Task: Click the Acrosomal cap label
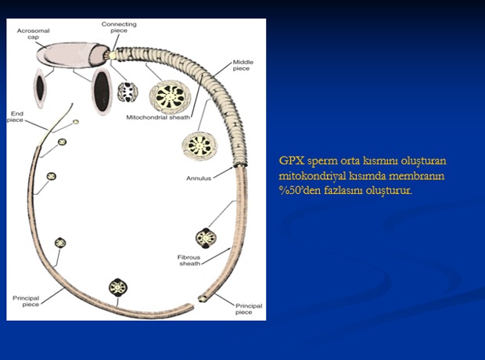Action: (x=33, y=34)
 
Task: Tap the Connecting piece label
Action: (x=119, y=27)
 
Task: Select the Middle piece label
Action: (x=242, y=65)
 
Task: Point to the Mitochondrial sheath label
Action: (x=158, y=117)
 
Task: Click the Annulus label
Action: (x=199, y=178)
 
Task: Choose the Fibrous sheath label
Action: (x=189, y=261)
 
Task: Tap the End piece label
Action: (x=16, y=117)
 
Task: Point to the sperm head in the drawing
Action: (x=73, y=55)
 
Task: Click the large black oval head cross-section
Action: (x=102, y=92)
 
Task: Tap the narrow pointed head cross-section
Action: (x=40, y=88)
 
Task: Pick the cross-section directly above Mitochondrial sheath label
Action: (x=170, y=95)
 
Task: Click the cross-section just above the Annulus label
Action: (x=199, y=146)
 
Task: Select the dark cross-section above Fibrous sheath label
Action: (x=206, y=238)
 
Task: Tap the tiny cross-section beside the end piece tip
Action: (x=76, y=122)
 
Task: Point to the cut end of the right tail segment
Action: (x=203, y=299)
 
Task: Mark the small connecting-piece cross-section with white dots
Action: (x=128, y=92)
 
